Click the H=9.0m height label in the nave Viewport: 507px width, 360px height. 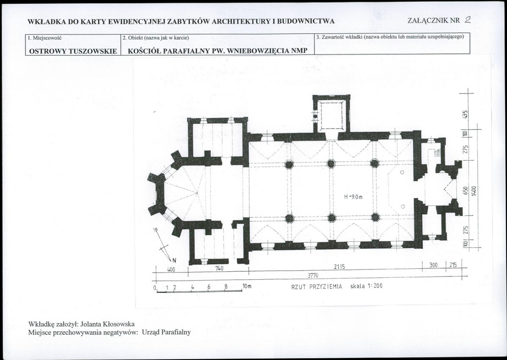tap(353, 196)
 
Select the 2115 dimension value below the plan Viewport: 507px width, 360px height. tap(340, 267)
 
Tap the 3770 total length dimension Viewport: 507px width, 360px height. tap(312, 275)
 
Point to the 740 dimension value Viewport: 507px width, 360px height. tap(219, 268)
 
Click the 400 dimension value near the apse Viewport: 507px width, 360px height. tap(171, 269)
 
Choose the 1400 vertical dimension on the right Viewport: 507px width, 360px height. tap(474, 190)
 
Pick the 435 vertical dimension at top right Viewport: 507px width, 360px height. tap(465, 114)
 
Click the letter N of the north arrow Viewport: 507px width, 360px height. tap(174, 261)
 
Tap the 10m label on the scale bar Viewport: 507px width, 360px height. tap(247, 286)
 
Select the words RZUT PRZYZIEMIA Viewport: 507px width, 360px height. tap(317, 286)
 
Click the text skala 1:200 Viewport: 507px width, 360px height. tap(366, 286)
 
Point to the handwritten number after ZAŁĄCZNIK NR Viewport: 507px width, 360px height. tap(467, 20)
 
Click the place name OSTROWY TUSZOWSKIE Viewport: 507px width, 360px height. tap(73, 51)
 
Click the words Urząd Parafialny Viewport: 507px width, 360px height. tap(166, 332)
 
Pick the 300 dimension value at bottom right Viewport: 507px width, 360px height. tap(433, 265)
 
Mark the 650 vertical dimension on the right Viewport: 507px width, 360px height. tap(466, 191)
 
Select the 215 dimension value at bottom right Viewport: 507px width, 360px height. tap(453, 265)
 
